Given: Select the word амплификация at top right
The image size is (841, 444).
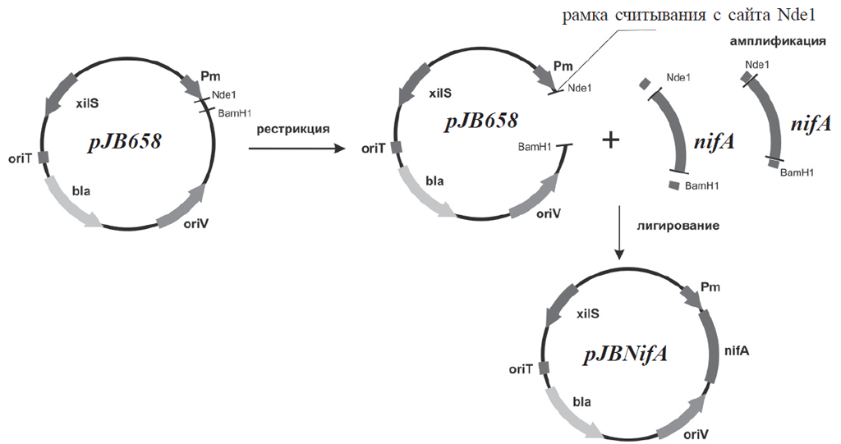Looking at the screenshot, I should click(x=777, y=40).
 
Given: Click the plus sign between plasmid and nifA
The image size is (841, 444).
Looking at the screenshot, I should click(x=610, y=140).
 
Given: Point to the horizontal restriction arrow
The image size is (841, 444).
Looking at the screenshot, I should click(x=296, y=149).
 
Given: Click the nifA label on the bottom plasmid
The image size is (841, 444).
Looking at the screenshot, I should click(x=736, y=350).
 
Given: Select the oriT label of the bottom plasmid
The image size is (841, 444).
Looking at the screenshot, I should click(x=522, y=369).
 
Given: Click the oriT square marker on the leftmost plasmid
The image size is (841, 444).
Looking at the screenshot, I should click(x=44, y=157).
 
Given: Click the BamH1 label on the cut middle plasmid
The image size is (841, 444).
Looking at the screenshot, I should click(x=534, y=147).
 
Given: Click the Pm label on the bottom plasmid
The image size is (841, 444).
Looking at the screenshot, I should click(x=711, y=290).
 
